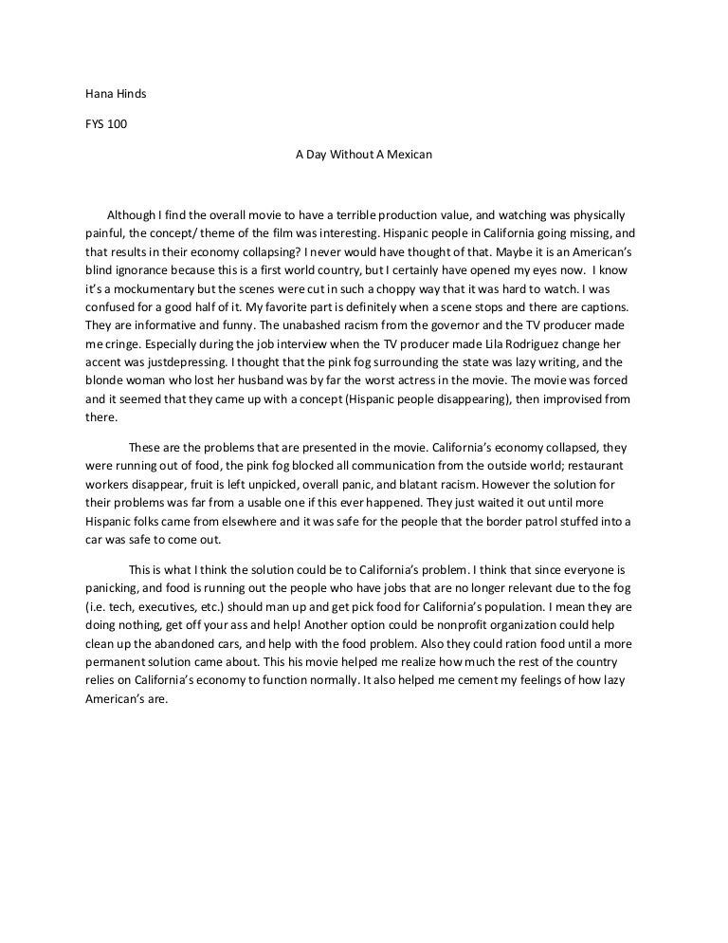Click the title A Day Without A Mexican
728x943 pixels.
click(364, 153)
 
